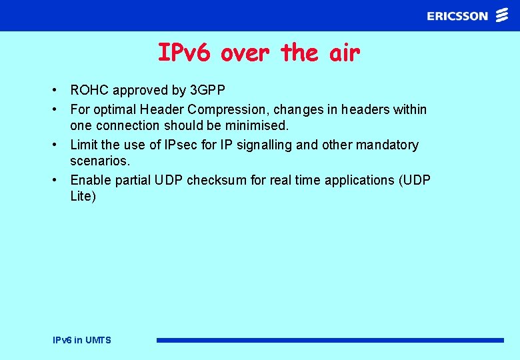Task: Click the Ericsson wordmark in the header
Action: coord(457,16)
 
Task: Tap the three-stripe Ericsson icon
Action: coord(502,15)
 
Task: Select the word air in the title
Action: coord(344,52)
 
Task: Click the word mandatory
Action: coord(389,145)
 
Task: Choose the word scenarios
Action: coord(100,161)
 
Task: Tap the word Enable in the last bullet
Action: coord(90,180)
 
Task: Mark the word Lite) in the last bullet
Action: coord(83,196)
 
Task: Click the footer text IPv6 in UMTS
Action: coord(82,340)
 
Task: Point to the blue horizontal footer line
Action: coord(330,340)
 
